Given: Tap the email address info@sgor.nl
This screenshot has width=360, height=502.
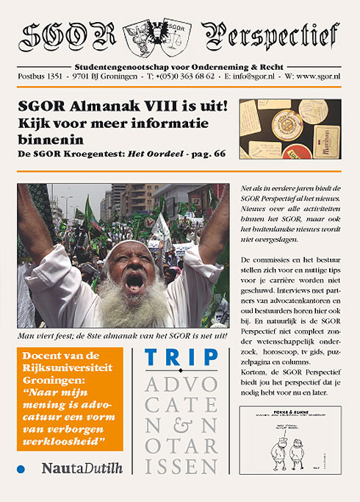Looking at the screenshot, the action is click(248, 76).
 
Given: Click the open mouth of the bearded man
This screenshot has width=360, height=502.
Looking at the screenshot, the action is click(134, 282).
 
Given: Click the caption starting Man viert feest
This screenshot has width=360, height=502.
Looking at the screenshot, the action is click(120, 337).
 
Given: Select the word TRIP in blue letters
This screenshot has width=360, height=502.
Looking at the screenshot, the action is click(181, 358).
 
